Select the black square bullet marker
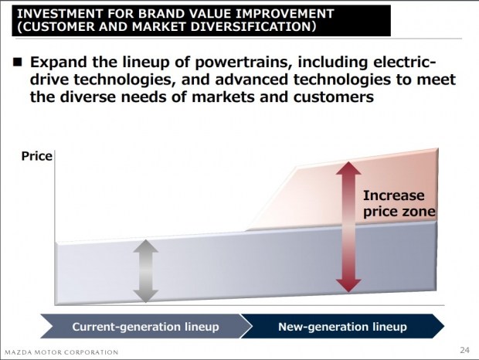click(x=18, y=62)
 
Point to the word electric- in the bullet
click(x=405, y=62)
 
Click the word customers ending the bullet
click(x=334, y=97)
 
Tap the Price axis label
click(x=36, y=156)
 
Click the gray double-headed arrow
click(x=146, y=271)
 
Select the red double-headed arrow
click(x=348, y=227)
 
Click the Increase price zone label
click(x=399, y=204)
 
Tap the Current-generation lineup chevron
click(x=146, y=327)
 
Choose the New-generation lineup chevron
click(x=342, y=327)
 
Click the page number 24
click(x=464, y=350)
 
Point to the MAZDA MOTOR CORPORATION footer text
click(x=61, y=352)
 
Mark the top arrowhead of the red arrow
click(x=348, y=168)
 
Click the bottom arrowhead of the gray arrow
click(x=146, y=296)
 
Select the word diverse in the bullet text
click(x=88, y=97)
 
